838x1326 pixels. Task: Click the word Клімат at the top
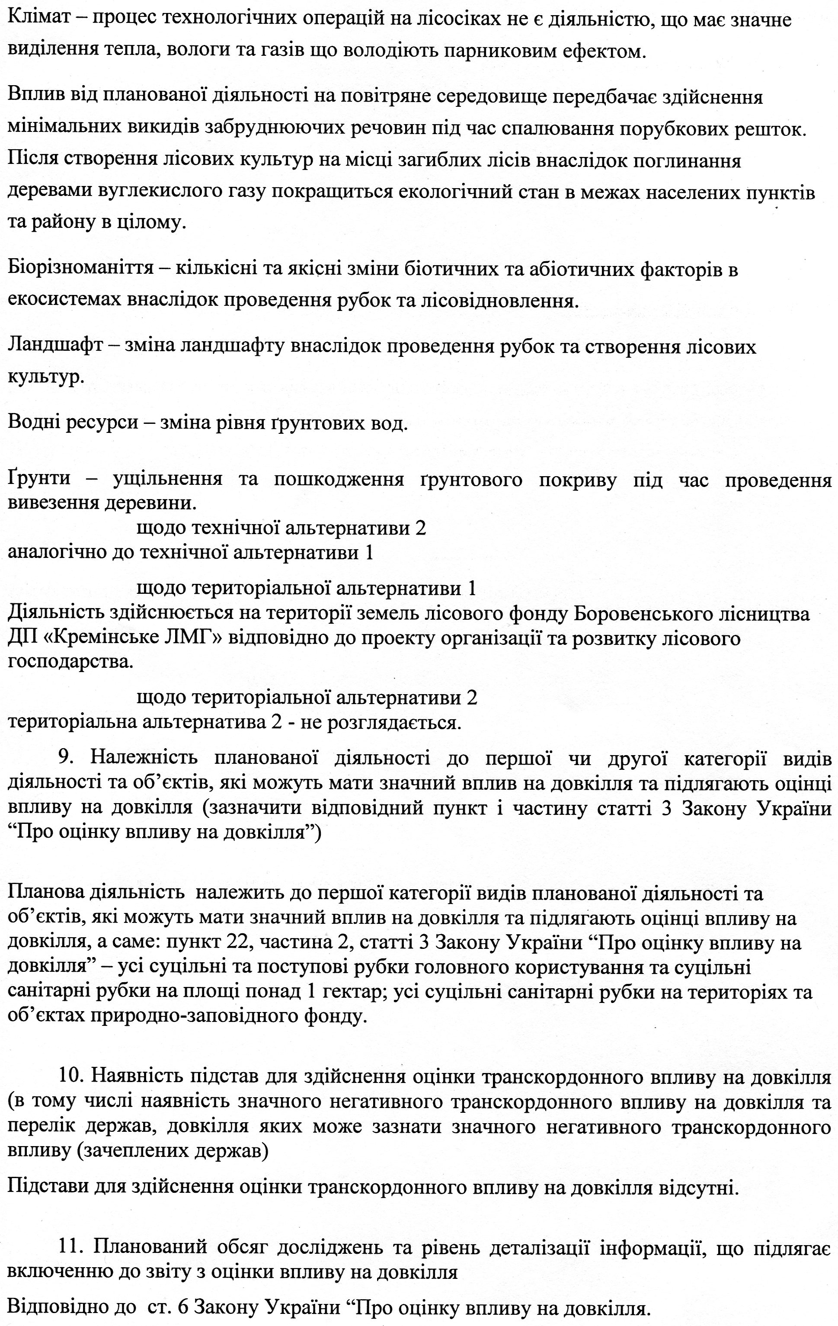click(x=38, y=20)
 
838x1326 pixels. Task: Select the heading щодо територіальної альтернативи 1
click(x=306, y=589)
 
